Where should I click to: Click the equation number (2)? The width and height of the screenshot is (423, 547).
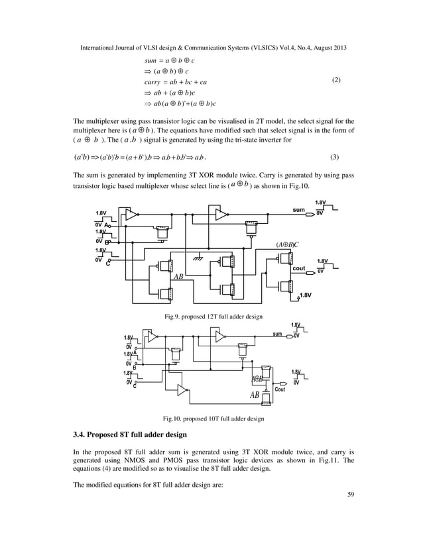336,80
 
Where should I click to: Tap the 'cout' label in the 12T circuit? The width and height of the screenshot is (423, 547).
298,268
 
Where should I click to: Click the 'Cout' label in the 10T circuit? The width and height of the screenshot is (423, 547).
281,389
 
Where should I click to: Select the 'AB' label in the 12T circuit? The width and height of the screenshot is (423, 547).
178,278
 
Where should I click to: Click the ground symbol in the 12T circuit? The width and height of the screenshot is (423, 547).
195,258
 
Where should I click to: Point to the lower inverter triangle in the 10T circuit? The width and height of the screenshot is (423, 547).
182,390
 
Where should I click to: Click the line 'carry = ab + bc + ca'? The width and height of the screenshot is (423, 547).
175,83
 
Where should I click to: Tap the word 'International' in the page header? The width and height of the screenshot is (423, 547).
100,48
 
